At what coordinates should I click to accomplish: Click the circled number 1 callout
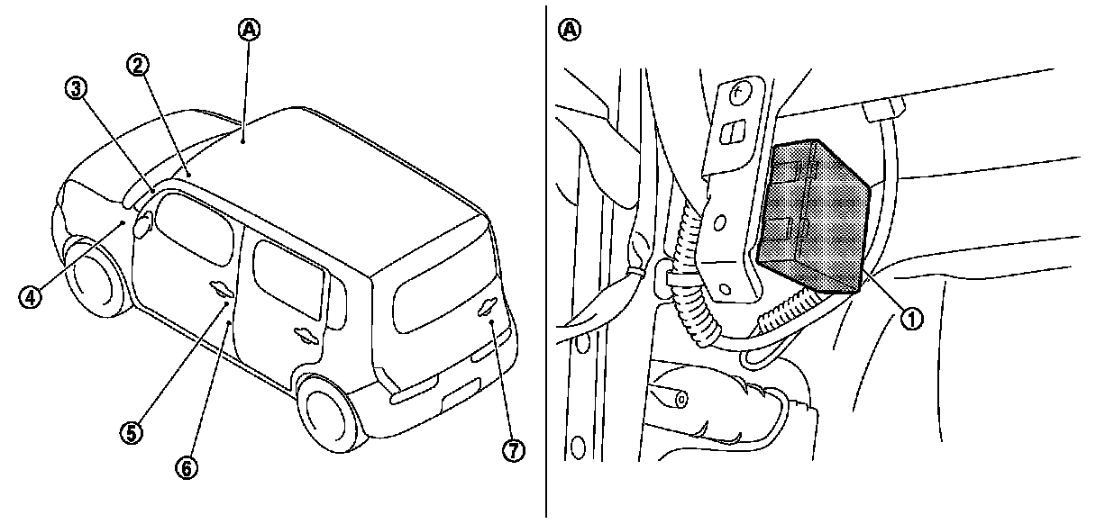[913, 317]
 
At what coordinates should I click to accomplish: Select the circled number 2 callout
[138, 64]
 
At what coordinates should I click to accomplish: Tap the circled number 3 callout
[76, 87]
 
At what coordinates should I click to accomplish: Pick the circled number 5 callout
[132, 432]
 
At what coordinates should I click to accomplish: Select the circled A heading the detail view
[569, 30]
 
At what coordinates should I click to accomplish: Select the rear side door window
[288, 279]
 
